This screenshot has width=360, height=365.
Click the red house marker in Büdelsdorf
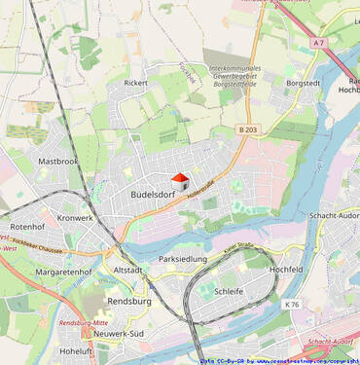179,181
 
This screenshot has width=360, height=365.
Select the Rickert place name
135,83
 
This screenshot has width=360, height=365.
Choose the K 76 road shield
292,305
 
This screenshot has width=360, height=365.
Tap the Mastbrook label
57,162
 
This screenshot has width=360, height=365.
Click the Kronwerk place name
76,218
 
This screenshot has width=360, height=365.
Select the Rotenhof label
27,227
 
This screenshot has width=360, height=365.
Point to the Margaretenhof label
63,273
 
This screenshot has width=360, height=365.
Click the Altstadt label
128,270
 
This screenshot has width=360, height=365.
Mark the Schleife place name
229,291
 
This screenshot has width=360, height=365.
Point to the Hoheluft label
75,350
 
